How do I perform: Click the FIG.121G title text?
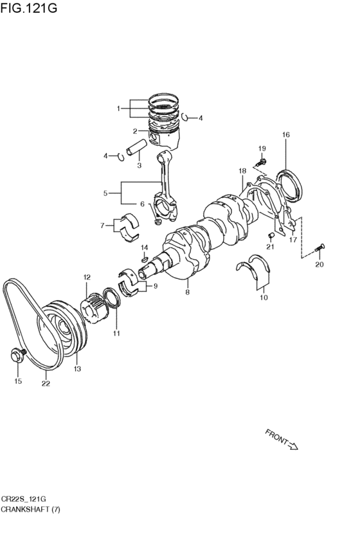pyautogui.click(x=28, y=7)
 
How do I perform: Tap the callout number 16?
pyautogui.click(x=285, y=134)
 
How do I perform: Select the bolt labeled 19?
pyautogui.click(x=261, y=162)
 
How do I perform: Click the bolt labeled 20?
pyautogui.click(x=319, y=247)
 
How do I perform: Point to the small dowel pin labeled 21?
pyautogui.click(x=271, y=236)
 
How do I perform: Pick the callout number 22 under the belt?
pyautogui.click(x=46, y=384)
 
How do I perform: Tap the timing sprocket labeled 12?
pyautogui.click(x=92, y=307)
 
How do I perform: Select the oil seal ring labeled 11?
pyautogui.click(x=113, y=298)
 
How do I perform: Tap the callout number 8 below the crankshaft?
pyautogui.click(x=187, y=292)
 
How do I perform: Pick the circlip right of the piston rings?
pyautogui.click(x=185, y=117)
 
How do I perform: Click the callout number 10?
pyautogui.click(x=264, y=298)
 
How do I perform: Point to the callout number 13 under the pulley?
pyautogui.click(x=77, y=369)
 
